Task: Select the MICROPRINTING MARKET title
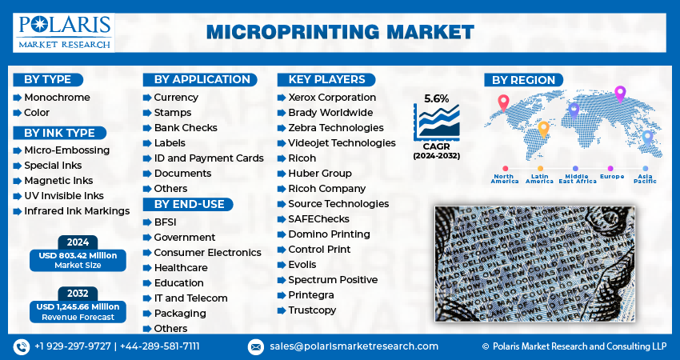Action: [x=340, y=32]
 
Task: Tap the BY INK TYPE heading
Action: [x=59, y=133]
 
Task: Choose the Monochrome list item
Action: [x=57, y=98]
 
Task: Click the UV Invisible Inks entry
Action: [x=64, y=196]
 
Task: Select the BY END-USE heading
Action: [x=189, y=204]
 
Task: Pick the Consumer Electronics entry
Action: [x=207, y=253]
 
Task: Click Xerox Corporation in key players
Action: [x=331, y=98]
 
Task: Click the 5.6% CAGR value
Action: [x=436, y=98]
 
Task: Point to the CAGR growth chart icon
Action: [x=437, y=122]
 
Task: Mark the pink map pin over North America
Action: [x=503, y=103]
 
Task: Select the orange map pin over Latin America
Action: [x=544, y=128]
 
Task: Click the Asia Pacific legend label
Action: [x=645, y=178]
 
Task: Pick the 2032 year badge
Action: [x=77, y=294]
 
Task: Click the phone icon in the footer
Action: [x=21, y=346]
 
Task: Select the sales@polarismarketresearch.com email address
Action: [x=354, y=346]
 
